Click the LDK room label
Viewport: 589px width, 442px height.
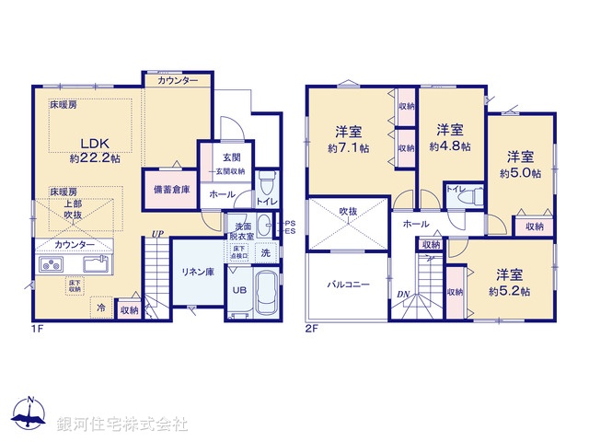point(94,143)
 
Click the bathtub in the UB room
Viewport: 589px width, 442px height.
point(266,293)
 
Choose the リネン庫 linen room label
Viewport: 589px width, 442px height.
point(196,272)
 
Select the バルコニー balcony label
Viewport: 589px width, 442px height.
point(348,285)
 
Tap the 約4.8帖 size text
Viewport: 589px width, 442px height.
point(451,145)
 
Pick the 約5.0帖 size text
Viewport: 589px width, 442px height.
point(520,172)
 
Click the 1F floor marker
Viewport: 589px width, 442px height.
point(38,327)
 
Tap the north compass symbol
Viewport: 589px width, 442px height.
point(30,416)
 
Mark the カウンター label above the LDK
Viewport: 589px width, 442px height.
point(177,81)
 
